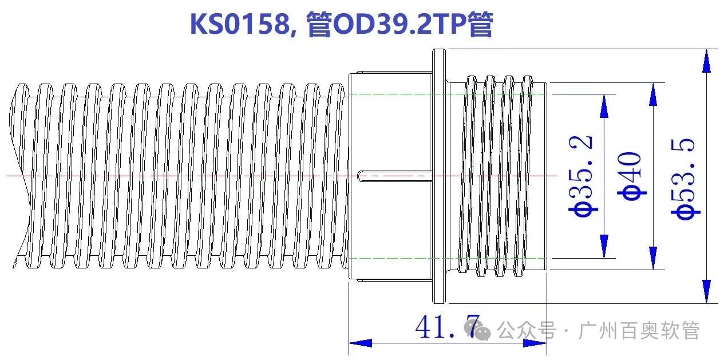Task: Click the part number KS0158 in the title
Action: [239, 25]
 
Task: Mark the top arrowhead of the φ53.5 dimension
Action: [708, 60]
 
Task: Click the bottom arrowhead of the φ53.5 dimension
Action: [708, 292]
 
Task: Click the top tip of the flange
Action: [438, 51]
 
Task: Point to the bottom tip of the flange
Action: [438, 301]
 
